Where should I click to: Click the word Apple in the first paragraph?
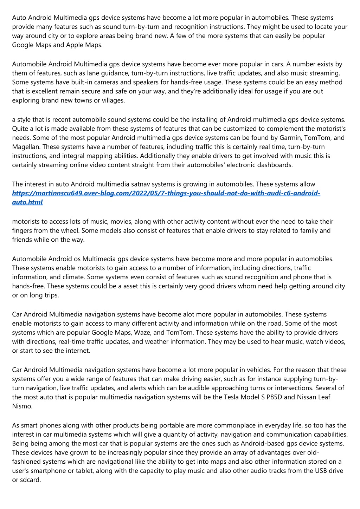[x=75, y=45]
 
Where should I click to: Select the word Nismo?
[x=22, y=406]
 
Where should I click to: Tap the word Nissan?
[x=307, y=397]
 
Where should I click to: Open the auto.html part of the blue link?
[x=27, y=202]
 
